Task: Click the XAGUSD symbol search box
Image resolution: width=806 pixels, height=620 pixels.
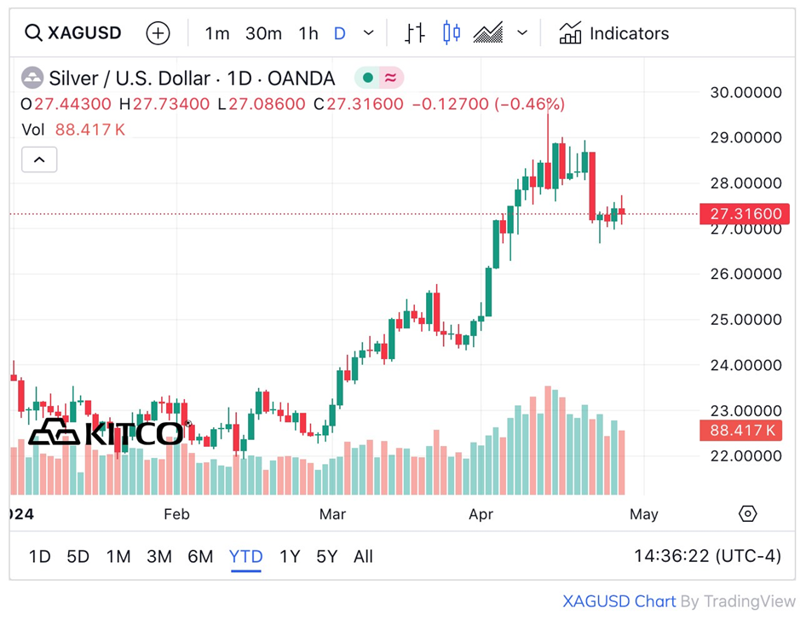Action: click(x=73, y=33)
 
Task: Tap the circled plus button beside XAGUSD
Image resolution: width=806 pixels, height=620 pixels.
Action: click(x=158, y=33)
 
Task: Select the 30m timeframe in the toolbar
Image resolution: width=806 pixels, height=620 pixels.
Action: click(x=263, y=33)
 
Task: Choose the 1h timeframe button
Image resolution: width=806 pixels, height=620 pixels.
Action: click(x=308, y=33)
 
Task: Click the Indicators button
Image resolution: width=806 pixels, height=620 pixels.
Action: click(x=614, y=33)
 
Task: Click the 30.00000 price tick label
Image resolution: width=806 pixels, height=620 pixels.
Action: click(x=746, y=92)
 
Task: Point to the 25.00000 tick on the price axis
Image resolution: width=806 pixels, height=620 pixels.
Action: click(x=746, y=320)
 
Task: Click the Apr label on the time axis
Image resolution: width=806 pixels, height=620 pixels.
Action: click(x=481, y=514)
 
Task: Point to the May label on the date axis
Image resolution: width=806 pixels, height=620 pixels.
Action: click(x=644, y=514)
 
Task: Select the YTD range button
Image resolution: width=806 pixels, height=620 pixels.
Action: click(x=245, y=557)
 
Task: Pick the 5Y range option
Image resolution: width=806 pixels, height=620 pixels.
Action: click(x=327, y=557)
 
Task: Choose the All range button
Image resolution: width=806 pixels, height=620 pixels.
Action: click(x=363, y=557)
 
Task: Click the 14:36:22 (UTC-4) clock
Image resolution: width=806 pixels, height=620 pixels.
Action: click(x=707, y=556)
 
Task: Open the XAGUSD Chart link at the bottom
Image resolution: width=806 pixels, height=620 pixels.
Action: click(x=619, y=601)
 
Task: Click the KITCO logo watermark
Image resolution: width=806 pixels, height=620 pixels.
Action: click(x=107, y=432)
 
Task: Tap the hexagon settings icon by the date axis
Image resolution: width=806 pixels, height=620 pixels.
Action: click(x=747, y=513)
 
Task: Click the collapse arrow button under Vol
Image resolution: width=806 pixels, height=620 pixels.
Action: click(x=39, y=159)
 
